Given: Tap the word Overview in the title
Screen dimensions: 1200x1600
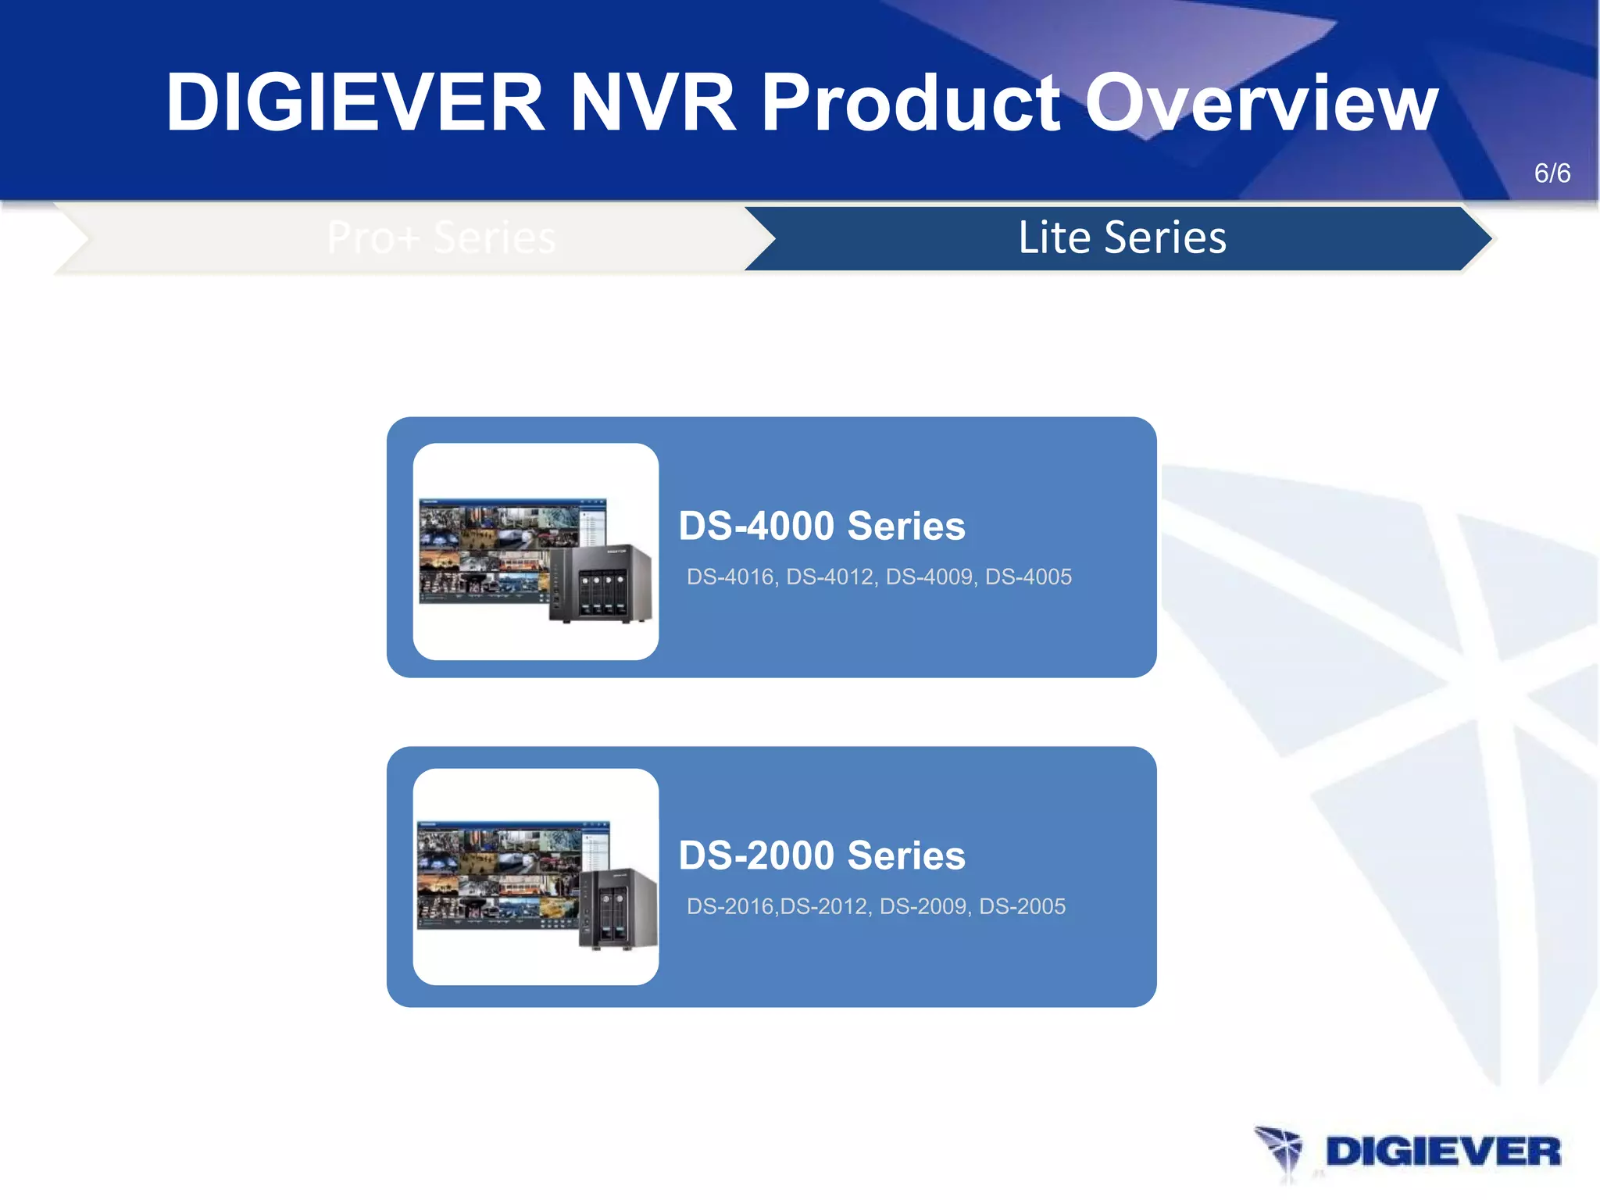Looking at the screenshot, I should [1261, 102].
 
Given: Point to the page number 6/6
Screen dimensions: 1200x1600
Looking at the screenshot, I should [1552, 173].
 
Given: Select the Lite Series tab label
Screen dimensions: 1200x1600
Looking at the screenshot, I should [1122, 237].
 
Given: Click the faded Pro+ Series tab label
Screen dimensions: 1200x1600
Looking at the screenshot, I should [441, 237].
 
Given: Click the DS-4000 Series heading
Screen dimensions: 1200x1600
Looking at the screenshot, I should [822, 526].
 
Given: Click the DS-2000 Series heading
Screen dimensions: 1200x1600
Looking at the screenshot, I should [822, 855].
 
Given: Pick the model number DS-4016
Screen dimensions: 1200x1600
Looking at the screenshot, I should [730, 577].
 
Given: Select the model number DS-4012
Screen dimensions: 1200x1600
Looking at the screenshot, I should [830, 577].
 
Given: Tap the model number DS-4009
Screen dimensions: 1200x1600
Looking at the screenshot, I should [930, 577].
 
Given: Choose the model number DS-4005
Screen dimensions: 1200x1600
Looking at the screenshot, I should [1029, 577].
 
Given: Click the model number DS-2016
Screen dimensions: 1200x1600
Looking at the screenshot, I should [730, 907].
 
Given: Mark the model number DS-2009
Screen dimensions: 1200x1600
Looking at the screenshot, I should [923, 907].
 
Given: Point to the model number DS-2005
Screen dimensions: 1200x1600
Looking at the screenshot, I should [1023, 907].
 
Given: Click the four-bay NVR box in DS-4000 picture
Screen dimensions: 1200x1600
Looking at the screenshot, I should [601, 584].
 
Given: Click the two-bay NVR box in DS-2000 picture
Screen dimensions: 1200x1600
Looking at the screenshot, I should [617, 909].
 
